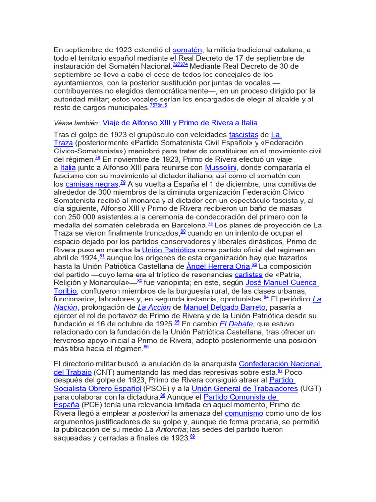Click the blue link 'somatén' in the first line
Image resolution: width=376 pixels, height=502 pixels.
pos(188,50)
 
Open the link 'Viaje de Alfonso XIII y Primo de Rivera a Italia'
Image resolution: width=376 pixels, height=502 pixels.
pos(180,123)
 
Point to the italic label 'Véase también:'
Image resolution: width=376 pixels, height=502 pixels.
pos(76,123)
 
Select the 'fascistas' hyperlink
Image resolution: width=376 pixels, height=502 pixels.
pos(243,135)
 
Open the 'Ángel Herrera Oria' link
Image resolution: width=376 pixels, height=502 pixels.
pos(218,266)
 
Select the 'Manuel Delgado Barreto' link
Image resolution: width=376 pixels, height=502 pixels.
pos(224,307)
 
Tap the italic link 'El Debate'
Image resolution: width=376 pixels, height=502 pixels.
pos(236,324)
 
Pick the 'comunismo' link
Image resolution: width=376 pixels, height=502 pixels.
pos(244,413)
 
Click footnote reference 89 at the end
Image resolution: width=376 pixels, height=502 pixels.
pos(192,437)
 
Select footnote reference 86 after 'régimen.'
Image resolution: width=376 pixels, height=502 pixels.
pos(146,347)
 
